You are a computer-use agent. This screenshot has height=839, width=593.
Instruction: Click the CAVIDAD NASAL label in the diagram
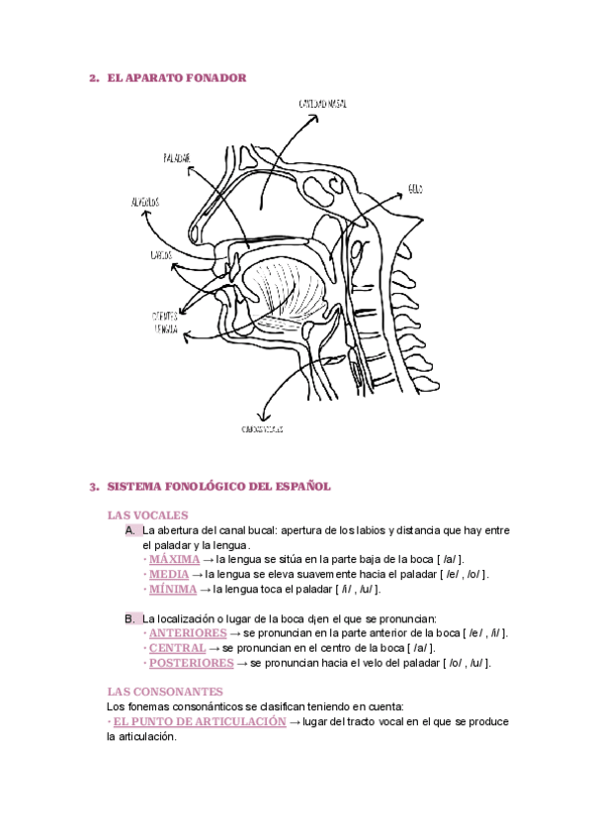(322, 104)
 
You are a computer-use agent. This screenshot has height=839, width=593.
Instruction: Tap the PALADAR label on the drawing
(177, 158)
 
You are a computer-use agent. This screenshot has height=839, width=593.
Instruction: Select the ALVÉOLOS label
(145, 202)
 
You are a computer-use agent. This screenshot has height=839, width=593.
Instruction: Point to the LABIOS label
(162, 255)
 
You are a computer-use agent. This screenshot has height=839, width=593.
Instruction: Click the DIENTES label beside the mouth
(164, 316)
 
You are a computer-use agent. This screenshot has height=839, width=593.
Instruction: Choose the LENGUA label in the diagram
(165, 330)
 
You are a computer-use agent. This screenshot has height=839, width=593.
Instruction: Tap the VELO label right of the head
(415, 188)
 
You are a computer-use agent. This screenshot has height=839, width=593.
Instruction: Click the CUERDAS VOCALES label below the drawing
(263, 429)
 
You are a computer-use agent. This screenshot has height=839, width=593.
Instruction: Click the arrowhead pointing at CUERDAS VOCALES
(262, 418)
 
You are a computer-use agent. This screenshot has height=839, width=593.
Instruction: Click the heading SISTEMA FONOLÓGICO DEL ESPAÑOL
(217, 487)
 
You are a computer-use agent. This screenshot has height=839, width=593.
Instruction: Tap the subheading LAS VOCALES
(147, 515)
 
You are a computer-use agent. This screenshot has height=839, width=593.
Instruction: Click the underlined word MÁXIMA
(174, 559)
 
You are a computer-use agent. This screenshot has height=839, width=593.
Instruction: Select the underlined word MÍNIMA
(173, 589)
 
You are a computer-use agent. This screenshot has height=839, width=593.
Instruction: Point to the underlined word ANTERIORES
(188, 633)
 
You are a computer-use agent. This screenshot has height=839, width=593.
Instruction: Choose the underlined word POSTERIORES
(192, 663)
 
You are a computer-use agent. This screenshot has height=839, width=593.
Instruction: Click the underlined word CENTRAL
(177, 648)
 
